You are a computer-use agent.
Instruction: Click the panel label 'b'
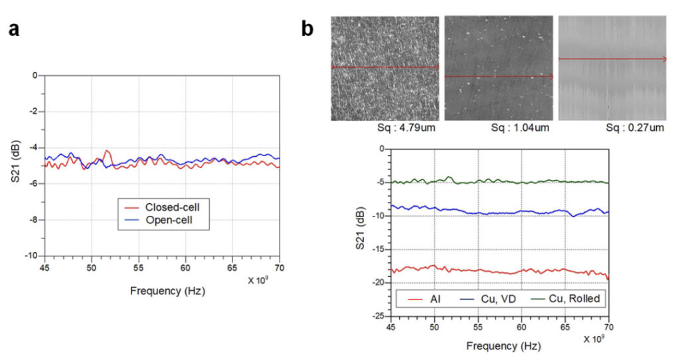point(307,29)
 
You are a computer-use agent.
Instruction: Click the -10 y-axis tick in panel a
point(31,256)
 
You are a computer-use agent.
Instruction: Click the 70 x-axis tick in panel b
point(608,327)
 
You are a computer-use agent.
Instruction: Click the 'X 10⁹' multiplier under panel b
point(594,339)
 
